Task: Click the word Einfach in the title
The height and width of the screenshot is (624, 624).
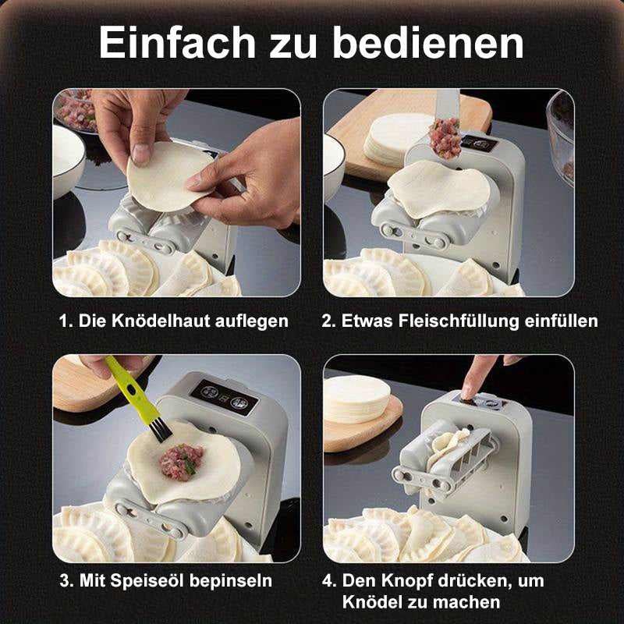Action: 177,43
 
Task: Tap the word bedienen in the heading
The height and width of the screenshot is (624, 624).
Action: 427,43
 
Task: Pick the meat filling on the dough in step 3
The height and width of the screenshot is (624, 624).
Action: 181,462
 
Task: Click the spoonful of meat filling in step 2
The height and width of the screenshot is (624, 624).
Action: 445,138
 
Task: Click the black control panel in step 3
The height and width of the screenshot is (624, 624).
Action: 225,397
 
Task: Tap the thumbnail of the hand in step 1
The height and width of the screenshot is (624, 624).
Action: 140,154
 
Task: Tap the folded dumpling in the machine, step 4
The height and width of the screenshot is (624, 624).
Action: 448,447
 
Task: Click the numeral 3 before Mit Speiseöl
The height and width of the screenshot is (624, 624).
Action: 65,580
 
